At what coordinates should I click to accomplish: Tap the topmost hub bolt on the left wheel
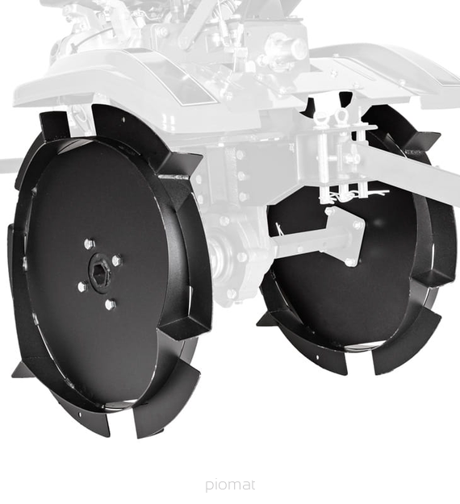[90, 244]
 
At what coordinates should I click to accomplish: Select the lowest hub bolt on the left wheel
[111, 304]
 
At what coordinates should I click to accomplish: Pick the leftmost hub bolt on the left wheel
[82, 285]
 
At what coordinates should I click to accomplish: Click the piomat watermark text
[230, 485]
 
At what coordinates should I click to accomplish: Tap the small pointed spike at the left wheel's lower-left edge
[20, 370]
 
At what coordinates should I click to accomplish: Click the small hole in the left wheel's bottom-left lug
[79, 414]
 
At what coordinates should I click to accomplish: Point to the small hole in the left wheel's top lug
[123, 120]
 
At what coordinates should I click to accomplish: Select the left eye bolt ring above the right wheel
[320, 118]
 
